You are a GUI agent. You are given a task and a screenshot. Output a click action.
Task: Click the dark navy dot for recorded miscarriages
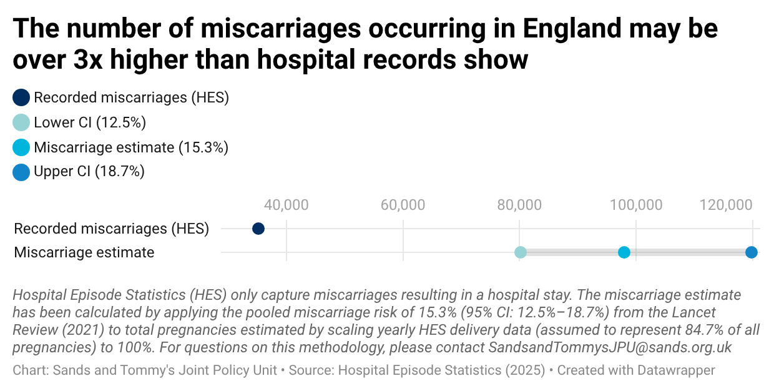[x=258, y=229]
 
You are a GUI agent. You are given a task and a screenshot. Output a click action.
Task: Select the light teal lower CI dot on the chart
[x=520, y=252]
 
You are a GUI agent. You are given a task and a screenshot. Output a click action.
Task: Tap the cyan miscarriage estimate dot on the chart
[x=624, y=252]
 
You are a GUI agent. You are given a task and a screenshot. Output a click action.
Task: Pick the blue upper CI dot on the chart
[x=752, y=252]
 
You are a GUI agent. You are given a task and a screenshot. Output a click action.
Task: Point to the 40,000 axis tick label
[x=286, y=205]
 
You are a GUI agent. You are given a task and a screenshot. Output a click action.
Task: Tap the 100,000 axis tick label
[x=636, y=205]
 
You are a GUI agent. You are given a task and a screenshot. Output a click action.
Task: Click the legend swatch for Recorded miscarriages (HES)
[x=21, y=97]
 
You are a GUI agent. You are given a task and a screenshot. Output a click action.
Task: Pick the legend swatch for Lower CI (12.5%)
[x=21, y=122]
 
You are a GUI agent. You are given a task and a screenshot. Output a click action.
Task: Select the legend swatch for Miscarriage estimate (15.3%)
[x=21, y=147]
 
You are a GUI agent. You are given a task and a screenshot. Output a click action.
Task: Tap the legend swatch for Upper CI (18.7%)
[x=21, y=172]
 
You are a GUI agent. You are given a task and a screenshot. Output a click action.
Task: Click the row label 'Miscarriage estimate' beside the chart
[x=84, y=252]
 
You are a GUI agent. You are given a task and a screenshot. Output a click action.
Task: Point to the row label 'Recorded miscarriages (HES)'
[x=111, y=229]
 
